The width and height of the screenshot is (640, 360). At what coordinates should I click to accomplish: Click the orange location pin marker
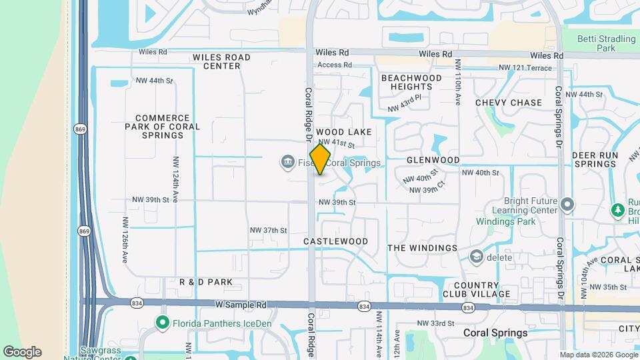tap(321, 160)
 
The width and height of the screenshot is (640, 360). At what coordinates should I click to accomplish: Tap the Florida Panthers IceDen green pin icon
tap(162, 323)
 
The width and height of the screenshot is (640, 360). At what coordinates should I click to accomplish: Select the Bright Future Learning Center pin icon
tap(567, 204)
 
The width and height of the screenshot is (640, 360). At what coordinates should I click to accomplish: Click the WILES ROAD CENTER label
tap(221, 61)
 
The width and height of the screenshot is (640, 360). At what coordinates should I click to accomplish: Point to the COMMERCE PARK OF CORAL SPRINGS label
tap(162, 127)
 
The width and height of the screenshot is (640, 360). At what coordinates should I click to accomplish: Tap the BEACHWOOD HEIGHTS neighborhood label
tap(411, 82)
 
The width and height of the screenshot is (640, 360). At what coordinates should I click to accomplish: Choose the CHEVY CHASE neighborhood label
tap(509, 103)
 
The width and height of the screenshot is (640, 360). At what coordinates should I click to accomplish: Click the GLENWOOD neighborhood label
tap(433, 160)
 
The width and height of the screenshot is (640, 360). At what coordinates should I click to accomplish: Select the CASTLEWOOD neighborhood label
tap(335, 241)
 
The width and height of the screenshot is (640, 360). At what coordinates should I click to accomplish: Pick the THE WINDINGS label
tap(423, 248)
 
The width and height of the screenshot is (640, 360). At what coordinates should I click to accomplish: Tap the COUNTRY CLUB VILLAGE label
tap(476, 289)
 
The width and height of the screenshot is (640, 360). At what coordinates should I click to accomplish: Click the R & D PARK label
tap(206, 282)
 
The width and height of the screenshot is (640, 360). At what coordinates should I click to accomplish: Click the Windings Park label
tap(501, 221)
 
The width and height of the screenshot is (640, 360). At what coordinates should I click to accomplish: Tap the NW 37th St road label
tap(268, 230)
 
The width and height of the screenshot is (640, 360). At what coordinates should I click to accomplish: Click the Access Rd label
tap(335, 65)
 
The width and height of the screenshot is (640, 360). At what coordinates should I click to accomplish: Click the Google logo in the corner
tap(22, 352)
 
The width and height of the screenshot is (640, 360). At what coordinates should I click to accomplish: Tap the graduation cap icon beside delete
tap(476, 257)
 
